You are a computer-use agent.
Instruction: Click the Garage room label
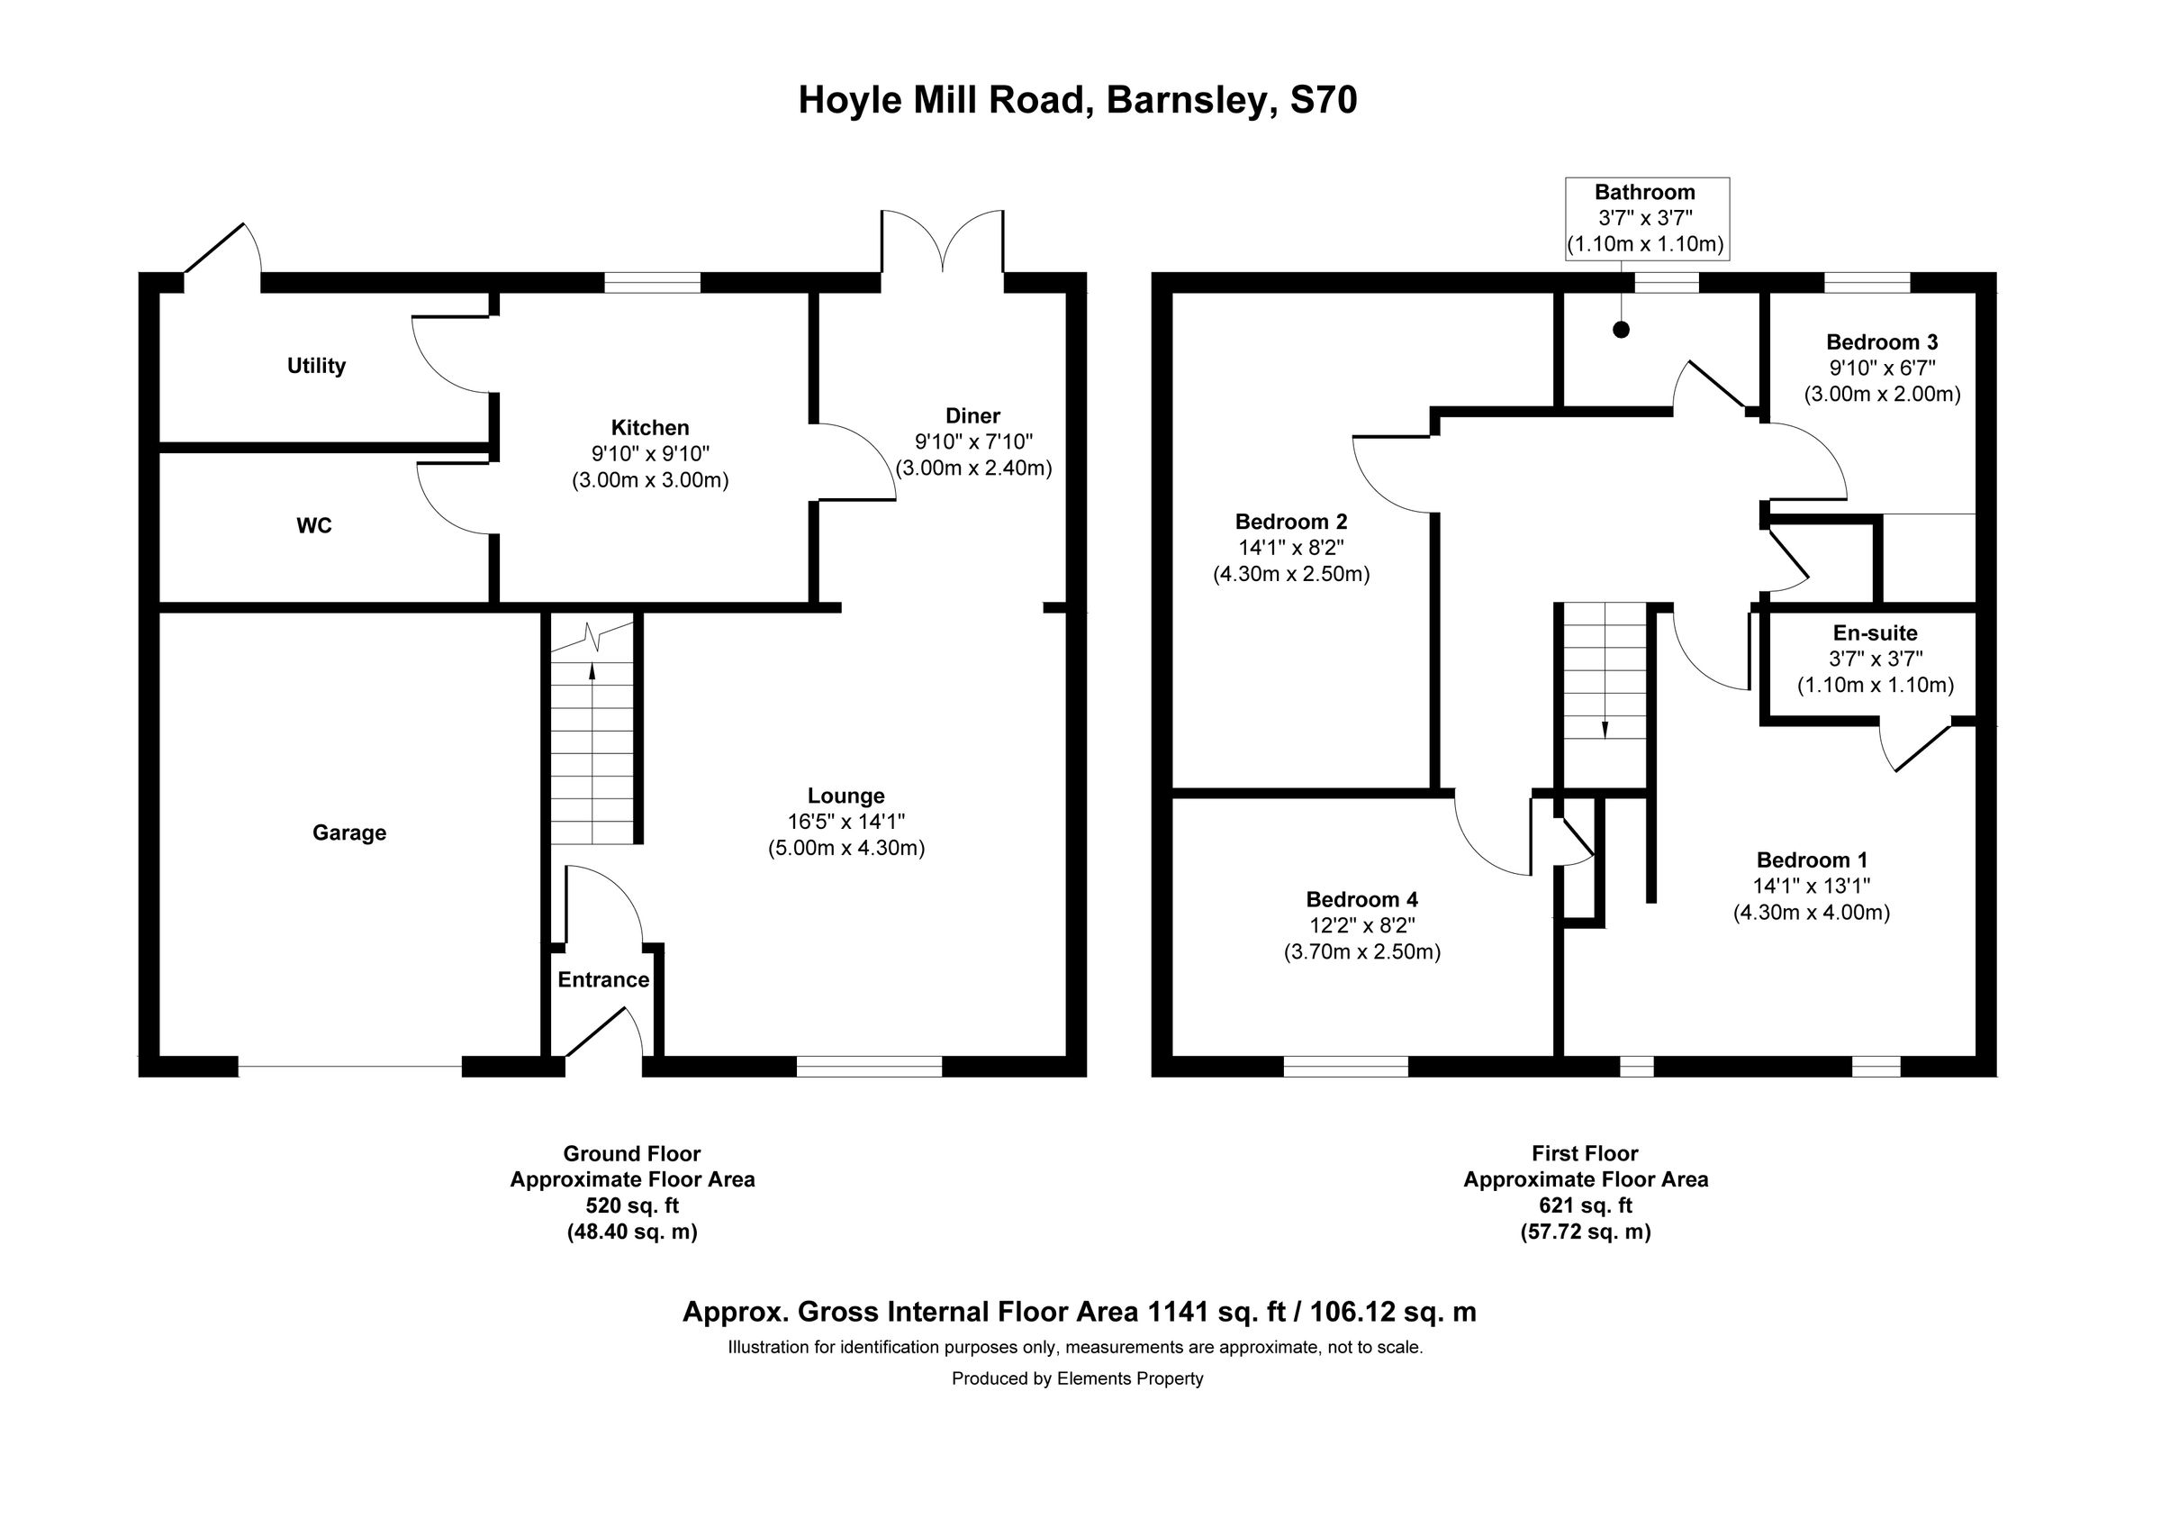(x=349, y=832)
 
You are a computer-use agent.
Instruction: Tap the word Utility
(x=316, y=365)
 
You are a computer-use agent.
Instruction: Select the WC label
(x=313, y=525)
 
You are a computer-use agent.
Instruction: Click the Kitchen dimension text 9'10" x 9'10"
(x=649, y=454)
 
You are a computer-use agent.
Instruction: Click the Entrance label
(x=603, y=979)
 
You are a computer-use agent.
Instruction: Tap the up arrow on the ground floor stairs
(x=592, y=671)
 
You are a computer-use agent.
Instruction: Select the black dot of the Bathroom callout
(x=1621, y=331)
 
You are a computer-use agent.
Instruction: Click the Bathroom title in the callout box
(x=1644, y=192)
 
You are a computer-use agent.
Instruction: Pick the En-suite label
(x=1875, y=632)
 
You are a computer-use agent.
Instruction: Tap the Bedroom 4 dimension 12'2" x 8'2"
(x=1362, y=925)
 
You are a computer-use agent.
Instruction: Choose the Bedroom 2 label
(x=1290, y=521)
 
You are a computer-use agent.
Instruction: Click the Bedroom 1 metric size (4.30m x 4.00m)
(x=1811, y=912)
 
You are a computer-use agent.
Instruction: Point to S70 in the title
(x=1323, y=100)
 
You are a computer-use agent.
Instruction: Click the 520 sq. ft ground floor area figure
(x=631, y=1205)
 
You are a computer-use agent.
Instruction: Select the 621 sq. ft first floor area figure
(x=1585, y=1205)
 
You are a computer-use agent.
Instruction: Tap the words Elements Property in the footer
(x=1129, y=1378)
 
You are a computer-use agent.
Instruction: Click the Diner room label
(x=972, y=415)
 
